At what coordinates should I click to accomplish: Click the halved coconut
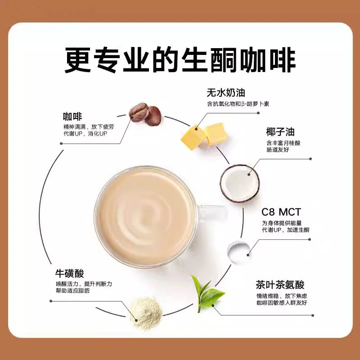[239, 184]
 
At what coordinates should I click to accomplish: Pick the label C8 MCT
[281, 211]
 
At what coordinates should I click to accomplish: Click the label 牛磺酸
[69, 274]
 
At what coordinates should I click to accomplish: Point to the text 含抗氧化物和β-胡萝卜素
[238, 104]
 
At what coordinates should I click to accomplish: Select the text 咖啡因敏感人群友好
[281, 303]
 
